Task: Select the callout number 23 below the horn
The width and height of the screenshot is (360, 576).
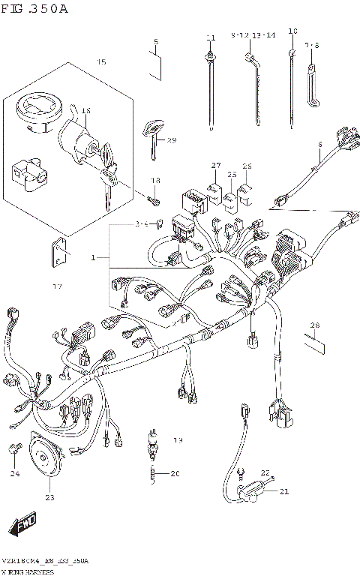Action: [x=50, y=496]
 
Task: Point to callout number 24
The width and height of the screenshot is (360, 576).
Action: [x=15, y=473]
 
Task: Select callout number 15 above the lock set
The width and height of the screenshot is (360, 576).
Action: [x=101, y=62]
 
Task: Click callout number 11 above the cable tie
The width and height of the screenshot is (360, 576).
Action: [x=211, y=37]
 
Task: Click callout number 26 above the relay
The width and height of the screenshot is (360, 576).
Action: [x=247, y=166]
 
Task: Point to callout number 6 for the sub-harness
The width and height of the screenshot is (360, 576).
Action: [x=319, y=144]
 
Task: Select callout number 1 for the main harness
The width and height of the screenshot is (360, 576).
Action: [x=94, y=257]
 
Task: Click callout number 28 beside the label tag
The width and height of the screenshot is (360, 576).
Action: [x=314, y=325]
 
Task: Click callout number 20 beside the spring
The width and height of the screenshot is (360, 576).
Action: [x=175, y=473]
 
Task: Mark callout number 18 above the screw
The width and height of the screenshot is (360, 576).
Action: [x=156, y=181]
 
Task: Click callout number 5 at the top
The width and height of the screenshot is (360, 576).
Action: [x=155, y=42]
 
